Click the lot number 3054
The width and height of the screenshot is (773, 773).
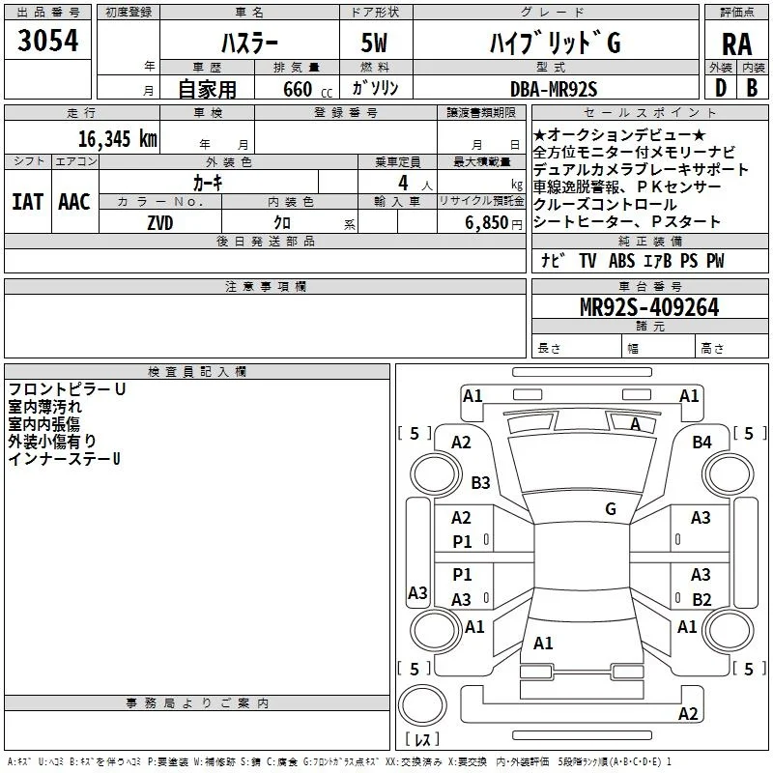click(47, 41)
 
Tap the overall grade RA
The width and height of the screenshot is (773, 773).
click(736, 44)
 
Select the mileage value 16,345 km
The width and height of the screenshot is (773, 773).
click(117, 139)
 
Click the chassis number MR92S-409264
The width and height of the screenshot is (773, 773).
click(649, 307)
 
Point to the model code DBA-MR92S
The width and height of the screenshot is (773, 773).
click(554, 89)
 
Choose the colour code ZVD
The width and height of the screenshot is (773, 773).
click(160, 223)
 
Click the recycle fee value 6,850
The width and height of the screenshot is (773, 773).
click(486, 223)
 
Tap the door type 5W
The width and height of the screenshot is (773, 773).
click(374, 43)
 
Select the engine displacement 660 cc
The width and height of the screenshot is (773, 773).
click(307, 90)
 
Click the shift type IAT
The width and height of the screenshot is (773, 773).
click(28, 202)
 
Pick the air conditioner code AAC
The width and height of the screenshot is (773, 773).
click(74, 202)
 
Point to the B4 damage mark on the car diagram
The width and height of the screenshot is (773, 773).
click(701, 443)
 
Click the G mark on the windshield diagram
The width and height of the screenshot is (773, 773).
click(611, 508)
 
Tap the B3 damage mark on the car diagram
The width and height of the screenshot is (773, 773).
click(480, 482)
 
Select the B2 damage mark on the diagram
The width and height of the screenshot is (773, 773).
click(701, 599)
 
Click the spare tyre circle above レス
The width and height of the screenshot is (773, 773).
click(422, 705)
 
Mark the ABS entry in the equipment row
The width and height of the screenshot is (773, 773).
click(621, 261)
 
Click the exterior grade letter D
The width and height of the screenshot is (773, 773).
click(721, 88)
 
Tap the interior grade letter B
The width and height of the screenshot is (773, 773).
click(752, 88)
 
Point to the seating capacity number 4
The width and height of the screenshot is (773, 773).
click(403, 183)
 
